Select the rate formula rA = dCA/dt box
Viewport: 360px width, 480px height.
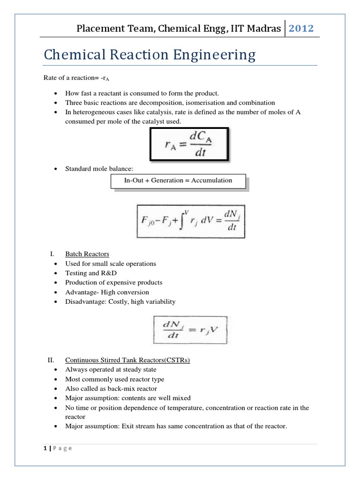[190, 144]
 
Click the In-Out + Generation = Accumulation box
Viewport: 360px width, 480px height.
[178, 180]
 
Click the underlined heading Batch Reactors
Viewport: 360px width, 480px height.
[87, 254]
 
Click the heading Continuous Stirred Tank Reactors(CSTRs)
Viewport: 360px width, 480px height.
[127, 360]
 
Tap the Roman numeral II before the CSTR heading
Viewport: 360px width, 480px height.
[51, 360]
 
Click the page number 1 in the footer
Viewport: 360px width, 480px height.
[45, 448]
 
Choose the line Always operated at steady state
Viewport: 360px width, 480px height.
[111, 370]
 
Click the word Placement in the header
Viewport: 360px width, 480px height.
[99, 29]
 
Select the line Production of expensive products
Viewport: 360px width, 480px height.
[114, 283]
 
